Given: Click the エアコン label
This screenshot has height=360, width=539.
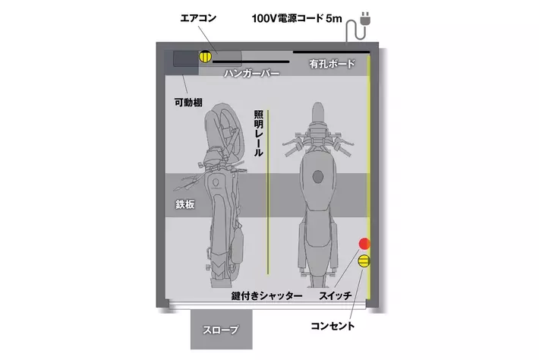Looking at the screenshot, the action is [198, 18].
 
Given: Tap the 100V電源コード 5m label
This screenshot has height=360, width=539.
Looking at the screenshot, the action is [297, 18].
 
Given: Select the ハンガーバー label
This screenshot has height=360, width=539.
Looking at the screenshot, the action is [251, 73].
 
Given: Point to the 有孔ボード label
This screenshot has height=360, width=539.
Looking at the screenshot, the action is [332, 64].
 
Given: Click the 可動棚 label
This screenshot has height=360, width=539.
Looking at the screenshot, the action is [188, 103].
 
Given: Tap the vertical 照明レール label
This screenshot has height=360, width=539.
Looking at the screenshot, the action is [259, 134].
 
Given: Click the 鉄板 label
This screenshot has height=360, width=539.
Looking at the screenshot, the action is [185, 204].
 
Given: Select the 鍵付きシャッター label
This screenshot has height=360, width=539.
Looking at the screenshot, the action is [266, 295].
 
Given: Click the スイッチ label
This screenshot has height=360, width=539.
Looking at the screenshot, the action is [335, 295].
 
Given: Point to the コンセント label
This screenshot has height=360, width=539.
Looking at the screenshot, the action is [333, 326].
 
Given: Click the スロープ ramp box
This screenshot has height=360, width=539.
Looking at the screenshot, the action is [222, 330].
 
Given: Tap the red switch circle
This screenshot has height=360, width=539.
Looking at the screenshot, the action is [364, 244].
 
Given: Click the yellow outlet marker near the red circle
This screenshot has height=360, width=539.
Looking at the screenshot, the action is [364, 261].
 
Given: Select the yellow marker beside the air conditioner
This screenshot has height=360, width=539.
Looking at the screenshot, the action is [205, 56].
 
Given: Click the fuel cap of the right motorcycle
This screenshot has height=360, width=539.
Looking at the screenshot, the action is [318, 177].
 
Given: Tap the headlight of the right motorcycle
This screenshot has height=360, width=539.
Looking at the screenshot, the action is [318, 112].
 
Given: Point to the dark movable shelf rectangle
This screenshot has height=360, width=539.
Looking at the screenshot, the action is [186, 58].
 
